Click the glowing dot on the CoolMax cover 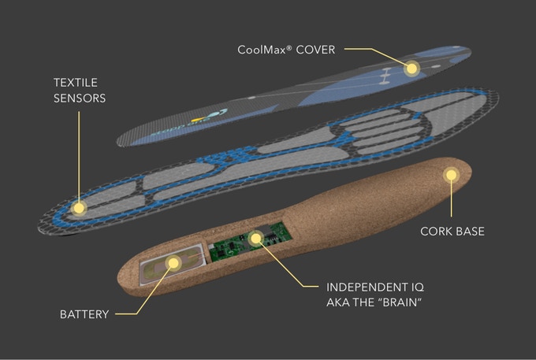pos(411,69)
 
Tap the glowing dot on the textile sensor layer pos(78,208)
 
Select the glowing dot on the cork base pos(450,176)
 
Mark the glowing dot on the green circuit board pos(255,237)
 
